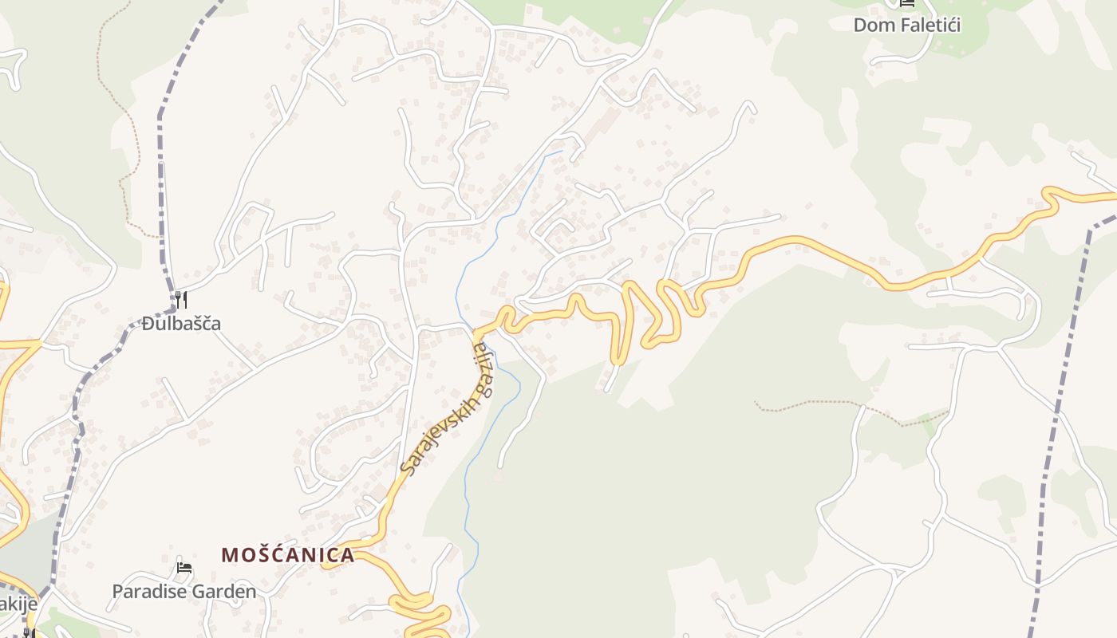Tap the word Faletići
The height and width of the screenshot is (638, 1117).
[x=930, y=25]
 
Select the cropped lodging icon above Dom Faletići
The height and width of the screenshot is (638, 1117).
[x=906, y=3]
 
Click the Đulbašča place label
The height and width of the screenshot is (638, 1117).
[x=181, y=324]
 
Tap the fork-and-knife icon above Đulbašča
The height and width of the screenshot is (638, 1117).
[x=181, y=300]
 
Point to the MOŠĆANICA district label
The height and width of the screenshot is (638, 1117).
[x=287, y=555]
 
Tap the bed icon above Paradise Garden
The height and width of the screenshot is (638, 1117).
[x=184, y=569]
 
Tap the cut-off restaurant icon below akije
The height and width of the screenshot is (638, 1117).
[x=28, y=633]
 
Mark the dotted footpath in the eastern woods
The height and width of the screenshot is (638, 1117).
[x=846, y=412]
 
